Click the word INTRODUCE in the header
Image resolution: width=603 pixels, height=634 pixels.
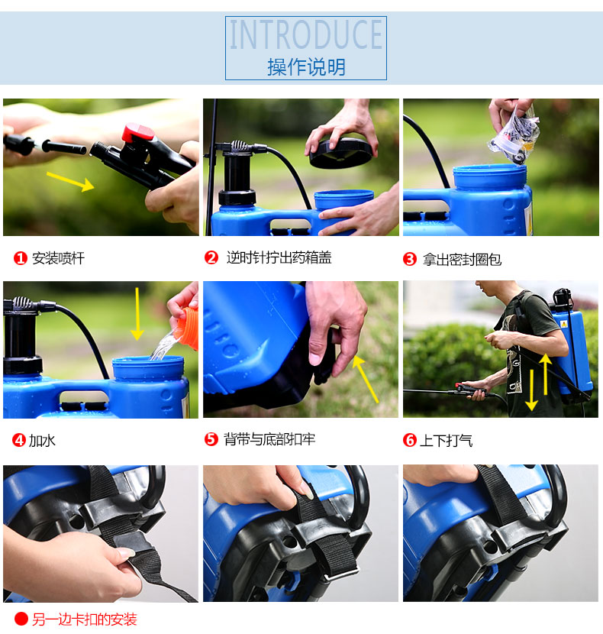pyautogui.click(x=306, y=35)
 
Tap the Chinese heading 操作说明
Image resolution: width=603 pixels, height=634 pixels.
pyautogui.click(x=306, y=66)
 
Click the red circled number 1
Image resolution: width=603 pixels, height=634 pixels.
pyautogui.click(x=20, y=258)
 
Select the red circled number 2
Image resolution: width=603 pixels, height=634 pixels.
pyautogui.click(x=211, y=257)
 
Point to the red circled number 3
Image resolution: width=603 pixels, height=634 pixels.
pyautogui.click(x=409, y=259)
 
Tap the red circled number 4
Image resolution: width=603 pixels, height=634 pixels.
pyautogui.click(x=18, y=440)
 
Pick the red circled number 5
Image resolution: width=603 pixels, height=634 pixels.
pyautogui.click(x=211, y=438)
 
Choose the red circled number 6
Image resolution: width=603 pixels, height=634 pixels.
pyautogui.click(x=409, y=440)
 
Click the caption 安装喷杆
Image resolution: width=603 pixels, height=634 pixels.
pyautogui.click(x=59, y=258)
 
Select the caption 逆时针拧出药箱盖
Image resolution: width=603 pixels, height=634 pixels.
pyautogui.click(x=279, y=257)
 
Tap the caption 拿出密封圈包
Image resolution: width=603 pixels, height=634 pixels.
pyautogui.click(x=462, y=259)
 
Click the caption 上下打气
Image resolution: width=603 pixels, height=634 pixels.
pyautogui.click(x=447, y=440)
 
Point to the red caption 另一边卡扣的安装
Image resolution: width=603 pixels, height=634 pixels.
pyautogui.click(x=85, y=619)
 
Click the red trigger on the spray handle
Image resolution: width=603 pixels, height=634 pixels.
pyautogui.click(x=138, y=133)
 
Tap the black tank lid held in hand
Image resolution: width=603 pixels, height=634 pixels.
pyautogui.click(x=340, y=153)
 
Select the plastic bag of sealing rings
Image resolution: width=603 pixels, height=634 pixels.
pyautogui.click(x=514, y=134)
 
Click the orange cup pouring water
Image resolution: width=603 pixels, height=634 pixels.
pyautogui.click(x=187, y=328)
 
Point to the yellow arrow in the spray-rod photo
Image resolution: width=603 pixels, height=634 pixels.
pyautogui.click(x=70, y=182)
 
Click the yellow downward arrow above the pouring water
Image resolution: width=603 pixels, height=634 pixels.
pyautogui.click(x=137, y=314)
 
